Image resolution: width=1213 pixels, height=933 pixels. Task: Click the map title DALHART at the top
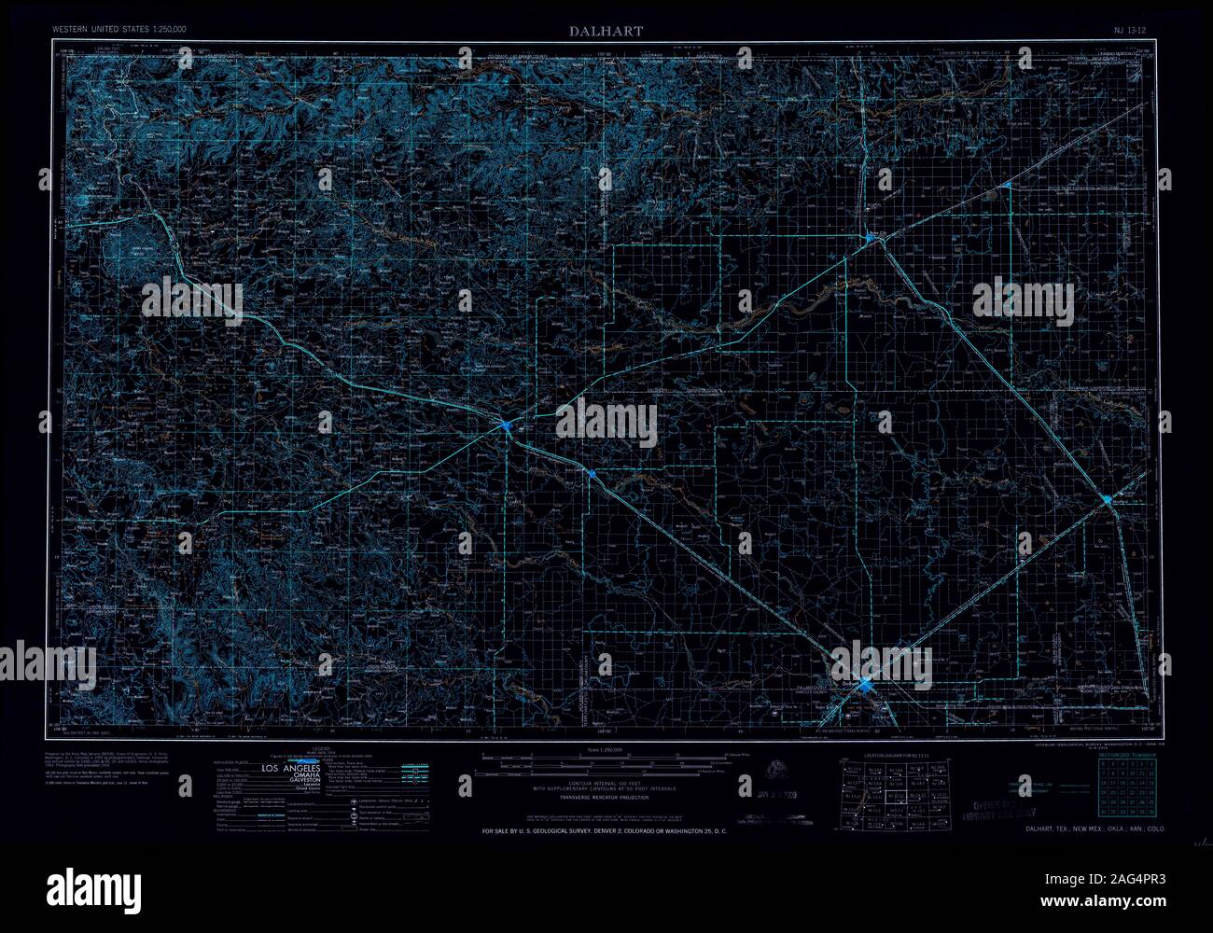click(x=606, y=32)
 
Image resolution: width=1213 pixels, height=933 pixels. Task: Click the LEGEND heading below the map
click(x=322, y=750)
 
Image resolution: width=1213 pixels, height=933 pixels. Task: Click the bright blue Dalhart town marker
click(x=867, y=686)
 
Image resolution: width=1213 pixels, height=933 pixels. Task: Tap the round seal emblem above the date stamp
click(x=776, y=771)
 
